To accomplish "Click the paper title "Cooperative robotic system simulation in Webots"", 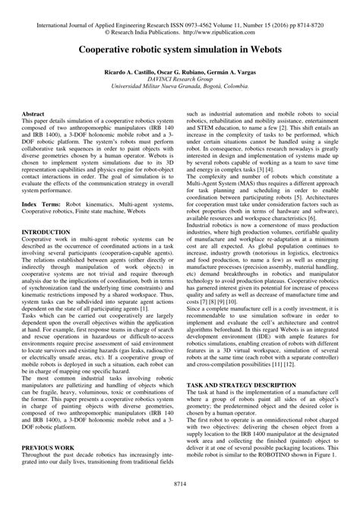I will coord(180,46).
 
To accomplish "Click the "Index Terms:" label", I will coord(43,204).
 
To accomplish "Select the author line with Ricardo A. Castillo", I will coord(180,70).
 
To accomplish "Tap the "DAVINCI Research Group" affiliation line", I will coord(180,77).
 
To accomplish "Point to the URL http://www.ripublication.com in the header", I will coord(227,21).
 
